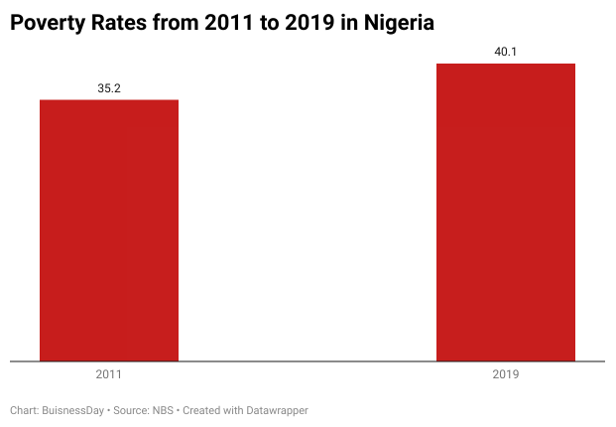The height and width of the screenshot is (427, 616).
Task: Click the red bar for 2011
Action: (x=109, y=230)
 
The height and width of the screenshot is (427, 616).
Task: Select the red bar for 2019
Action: (x=506, y=213)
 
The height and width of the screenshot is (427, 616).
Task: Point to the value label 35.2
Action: (x=109, y=88)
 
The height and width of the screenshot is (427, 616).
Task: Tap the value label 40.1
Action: (x=506, y=53)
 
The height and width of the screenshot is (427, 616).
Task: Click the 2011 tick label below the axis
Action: (x=109, y=375)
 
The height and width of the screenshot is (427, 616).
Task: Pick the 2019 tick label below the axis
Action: (x=506, y=375)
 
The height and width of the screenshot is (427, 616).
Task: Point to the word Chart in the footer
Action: (x=25, y=410)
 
